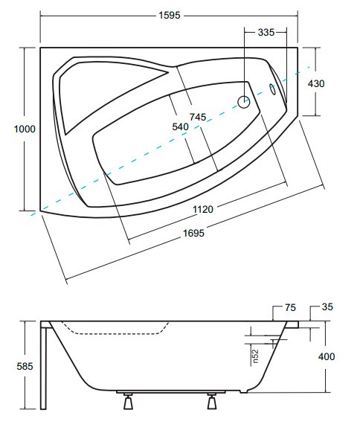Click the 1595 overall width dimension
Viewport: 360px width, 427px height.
pos(170,15)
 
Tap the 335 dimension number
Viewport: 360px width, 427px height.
pos(266,33)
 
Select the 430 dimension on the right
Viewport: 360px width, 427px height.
pos(316,83)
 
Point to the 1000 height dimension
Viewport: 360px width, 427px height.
pos(25,129)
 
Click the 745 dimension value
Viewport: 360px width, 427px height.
pos(198,117)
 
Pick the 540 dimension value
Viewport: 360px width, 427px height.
pos(180,126)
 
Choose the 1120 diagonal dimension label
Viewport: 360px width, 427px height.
pos(203,210)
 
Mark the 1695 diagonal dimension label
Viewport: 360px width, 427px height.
pos(193,233)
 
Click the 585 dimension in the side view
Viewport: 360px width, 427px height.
pos(25,366)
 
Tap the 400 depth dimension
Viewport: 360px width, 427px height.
pos(327,356)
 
